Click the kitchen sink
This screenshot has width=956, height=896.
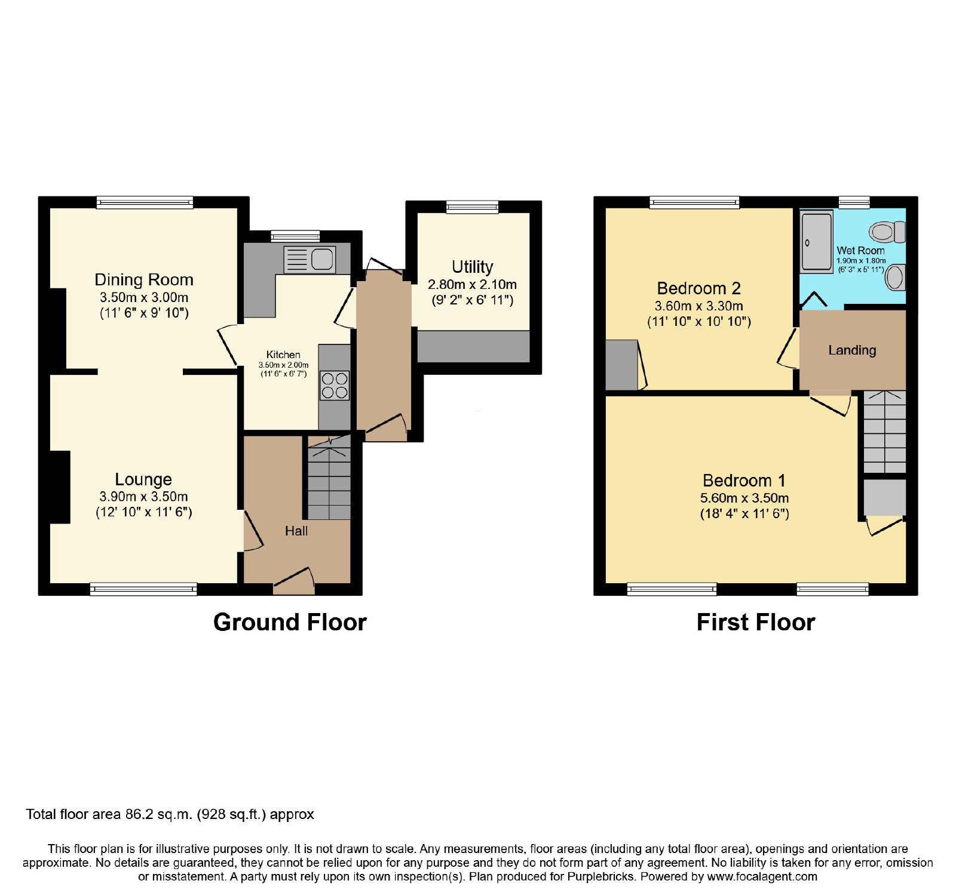point(310,260)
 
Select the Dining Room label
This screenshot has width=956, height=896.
point(144,279)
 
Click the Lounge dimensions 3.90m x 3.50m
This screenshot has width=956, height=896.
point(144,496)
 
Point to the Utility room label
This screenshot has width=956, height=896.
point(473,267)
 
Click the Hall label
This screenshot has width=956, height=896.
point(296,531)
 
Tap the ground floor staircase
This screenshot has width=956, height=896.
point(329,477)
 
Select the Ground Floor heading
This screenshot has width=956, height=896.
point(290,622)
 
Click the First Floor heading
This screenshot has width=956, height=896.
point(756,622)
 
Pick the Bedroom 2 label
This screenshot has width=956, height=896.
point(699,288)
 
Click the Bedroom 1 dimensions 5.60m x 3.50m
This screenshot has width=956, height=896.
point(744,498)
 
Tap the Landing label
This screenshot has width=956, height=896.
point(852,350)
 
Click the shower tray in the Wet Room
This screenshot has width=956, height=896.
point(816,242)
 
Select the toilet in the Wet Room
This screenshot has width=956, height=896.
point(887,232)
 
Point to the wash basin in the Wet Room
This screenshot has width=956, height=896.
point(895,278)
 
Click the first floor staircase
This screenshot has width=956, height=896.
point(885,432)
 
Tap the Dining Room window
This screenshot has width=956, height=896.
point(145,202)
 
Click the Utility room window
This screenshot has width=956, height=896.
point(473,207)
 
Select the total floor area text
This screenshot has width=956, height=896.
point(170,814)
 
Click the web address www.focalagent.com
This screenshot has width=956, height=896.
point(762,876)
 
